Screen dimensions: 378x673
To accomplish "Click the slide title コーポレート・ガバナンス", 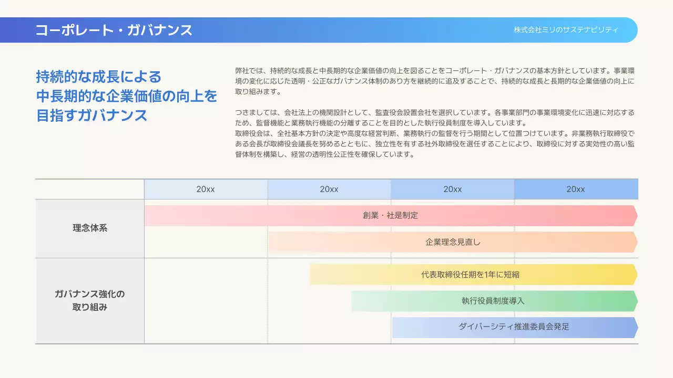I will [x=114, y=30].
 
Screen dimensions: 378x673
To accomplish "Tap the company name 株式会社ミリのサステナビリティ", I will [x=566, y=30].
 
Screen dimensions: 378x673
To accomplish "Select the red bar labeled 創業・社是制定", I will [x=390, y=215].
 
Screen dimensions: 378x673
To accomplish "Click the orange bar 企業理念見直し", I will [x=452, y=242].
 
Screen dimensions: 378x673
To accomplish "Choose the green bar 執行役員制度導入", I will [x=493, y=301].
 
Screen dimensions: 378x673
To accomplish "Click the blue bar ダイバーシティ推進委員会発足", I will [x=513, y=327].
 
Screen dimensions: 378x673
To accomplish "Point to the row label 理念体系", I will [x=90, y=228].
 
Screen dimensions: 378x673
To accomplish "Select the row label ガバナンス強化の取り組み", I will [x=90, y=300].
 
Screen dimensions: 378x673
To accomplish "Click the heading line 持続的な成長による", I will [x=99, y=77].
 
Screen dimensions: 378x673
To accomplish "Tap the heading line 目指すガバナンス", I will [x=91, y=115].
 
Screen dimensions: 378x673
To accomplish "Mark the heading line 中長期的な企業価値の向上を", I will [x=126, y=96].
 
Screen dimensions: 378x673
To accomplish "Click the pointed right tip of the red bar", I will [x=635, y=215].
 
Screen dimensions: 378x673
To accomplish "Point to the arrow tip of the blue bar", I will [x=635, y=327].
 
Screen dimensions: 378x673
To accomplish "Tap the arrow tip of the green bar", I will [x=635, y=301].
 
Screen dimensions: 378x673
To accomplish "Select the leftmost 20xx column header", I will [x=206, y=189].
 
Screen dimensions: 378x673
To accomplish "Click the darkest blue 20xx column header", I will [x=576, y=189].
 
